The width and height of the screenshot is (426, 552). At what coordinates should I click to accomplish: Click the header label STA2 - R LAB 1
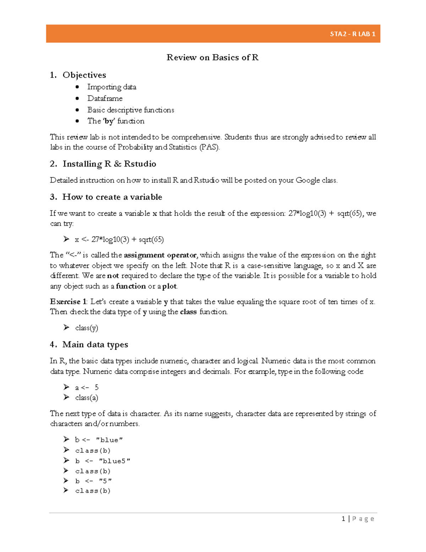[352, 34]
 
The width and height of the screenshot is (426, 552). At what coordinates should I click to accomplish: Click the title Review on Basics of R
[213, 58]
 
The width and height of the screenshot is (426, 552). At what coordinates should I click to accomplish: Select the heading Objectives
[84, 75]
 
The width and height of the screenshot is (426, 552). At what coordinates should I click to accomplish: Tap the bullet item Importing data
[111, 87]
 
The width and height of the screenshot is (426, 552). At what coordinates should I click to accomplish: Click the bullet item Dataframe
[105, 98]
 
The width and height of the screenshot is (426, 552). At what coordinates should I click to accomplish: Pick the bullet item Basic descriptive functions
[131, 110]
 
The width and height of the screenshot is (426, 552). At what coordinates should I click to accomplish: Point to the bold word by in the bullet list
[109, 121]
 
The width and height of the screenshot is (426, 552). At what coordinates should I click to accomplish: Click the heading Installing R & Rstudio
[109, 164]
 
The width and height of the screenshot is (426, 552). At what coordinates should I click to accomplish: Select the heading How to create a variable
[112, 197]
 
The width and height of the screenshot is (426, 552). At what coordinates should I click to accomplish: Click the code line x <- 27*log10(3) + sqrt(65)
[119, 240]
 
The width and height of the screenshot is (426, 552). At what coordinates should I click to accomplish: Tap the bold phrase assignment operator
[160, 255]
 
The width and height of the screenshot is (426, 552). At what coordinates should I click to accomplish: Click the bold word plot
[169, 286]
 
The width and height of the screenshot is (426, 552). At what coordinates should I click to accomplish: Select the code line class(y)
[87, 328]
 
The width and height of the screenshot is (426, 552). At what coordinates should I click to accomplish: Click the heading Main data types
[95, 344]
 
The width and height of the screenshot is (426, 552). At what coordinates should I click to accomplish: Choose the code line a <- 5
[87, 387]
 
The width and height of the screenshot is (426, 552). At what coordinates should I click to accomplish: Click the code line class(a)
[87, 398]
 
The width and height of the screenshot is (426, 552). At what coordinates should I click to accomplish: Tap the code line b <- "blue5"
[103, 461]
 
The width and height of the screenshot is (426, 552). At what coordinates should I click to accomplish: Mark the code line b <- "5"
[93, 481]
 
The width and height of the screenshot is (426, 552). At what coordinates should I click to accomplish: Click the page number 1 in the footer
[343, 519]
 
